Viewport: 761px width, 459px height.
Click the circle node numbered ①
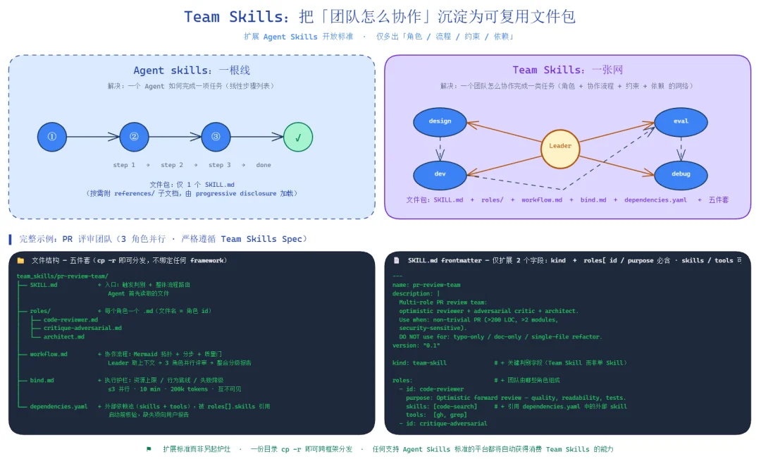(x=52, y=137)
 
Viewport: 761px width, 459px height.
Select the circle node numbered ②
(x=134, y=137)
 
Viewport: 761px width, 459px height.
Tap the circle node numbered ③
(x=216, y=137)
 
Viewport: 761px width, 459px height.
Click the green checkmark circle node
(x=298, y=137)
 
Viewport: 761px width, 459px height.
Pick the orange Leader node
(x=560, y=146)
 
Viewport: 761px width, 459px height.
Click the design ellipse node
(x=440, y=121)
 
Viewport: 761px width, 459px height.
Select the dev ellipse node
(x=440, y=174)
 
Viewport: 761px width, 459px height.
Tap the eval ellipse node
(x=681, y=121)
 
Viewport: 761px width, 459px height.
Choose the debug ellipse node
(x=681, y=174)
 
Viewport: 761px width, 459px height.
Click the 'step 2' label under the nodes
(x=172, y=165)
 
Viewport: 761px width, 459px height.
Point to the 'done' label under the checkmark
(x=263, y=165)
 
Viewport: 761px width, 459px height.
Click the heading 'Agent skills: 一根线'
(x=192, y=71)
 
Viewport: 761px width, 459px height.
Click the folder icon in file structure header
(x=20, y=261)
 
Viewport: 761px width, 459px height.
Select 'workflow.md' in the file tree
(x=49, y=354)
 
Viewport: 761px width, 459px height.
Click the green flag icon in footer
(x=149, y=449)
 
